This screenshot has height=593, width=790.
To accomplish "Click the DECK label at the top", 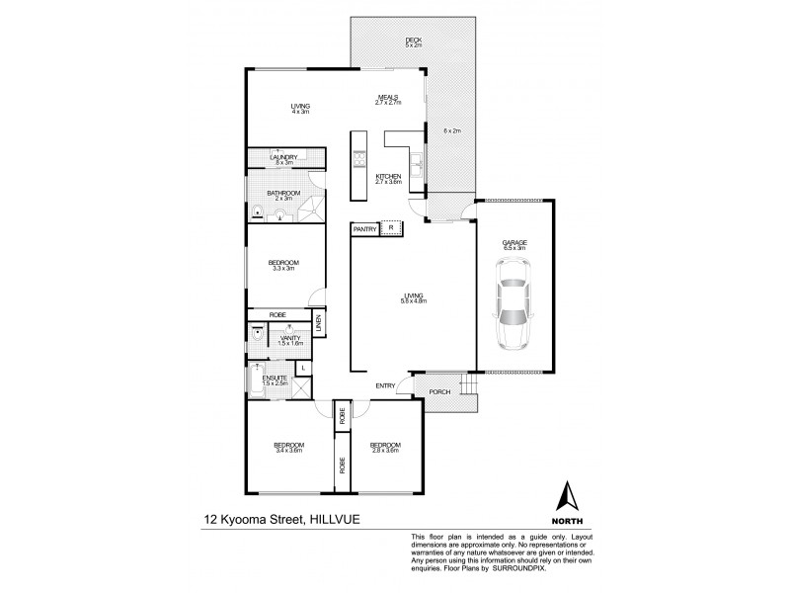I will point(413,42).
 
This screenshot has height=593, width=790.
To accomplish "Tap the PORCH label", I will point(438,392).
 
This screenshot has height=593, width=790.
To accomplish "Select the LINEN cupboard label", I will point(318,323).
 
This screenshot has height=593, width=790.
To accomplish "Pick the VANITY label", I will point(289,339).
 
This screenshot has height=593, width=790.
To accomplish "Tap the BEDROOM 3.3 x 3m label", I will point(283,264).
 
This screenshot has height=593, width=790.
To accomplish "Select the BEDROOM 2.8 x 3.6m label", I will point(384,447).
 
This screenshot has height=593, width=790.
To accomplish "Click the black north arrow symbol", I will point(567,494).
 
